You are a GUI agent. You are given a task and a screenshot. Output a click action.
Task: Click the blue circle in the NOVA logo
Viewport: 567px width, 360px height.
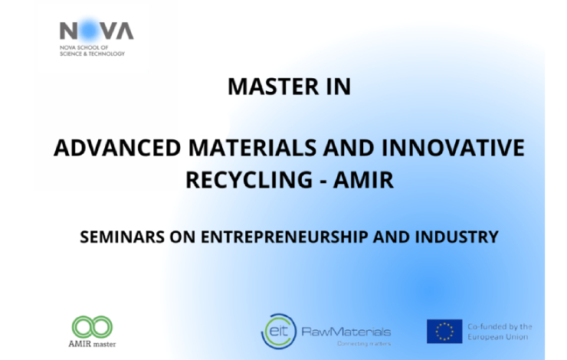click(x=90, y=31)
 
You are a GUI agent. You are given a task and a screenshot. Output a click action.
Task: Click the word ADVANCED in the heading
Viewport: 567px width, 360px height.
click(x=117, y=148)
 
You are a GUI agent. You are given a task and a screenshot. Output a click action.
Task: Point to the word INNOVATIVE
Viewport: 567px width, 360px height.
click(x=453, y=148)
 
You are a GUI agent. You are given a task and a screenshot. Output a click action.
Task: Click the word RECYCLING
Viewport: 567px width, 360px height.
click(x=249, y=180)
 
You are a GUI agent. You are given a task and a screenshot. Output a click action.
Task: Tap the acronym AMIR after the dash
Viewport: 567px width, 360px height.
click(x=363, y=180)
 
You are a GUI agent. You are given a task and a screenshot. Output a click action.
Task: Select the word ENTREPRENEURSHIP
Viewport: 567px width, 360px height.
click(x=284, y=237)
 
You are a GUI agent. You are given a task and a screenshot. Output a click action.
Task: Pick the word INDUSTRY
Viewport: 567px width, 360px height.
click(x=457, y=237)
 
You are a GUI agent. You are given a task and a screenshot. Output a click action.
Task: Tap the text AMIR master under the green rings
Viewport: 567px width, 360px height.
click(x=92, y=344)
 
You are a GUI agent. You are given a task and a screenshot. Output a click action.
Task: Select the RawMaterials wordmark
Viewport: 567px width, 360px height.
click(x=346, y=332)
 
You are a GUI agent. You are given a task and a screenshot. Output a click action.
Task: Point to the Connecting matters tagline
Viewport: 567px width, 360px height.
click(x=364, y=343)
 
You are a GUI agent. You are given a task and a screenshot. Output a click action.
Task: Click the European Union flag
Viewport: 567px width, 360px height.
click(x=444, y=331)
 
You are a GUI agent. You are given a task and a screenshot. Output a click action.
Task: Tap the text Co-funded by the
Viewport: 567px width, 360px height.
click(x=500, y=327)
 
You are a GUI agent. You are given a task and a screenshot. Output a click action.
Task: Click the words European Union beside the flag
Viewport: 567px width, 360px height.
click(x=497, y=337)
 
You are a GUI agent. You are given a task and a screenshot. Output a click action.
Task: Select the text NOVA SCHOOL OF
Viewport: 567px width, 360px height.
click(x=84, y=47)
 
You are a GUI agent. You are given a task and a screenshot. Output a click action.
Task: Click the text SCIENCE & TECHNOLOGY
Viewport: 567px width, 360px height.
click(x=92, y=54)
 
